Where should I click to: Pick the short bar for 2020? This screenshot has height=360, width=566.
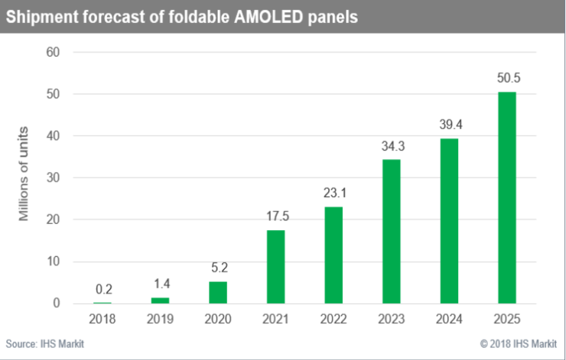[x=218, y=292]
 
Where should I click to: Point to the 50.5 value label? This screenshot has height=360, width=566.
[x=506, y=79]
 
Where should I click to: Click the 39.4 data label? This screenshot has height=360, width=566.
[x=448, y=125]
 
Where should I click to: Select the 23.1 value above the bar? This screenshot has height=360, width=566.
[x=333, y=193]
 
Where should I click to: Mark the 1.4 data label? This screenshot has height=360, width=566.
[x=160, y=284]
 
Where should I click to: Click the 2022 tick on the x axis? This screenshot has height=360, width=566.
[x=333, y=319]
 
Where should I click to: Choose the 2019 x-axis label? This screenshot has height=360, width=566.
[x=160, y=319]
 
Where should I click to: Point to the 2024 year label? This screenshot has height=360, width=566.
[x=448, y=319]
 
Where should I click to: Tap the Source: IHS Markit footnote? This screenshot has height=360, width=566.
[x=45, y=344]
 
